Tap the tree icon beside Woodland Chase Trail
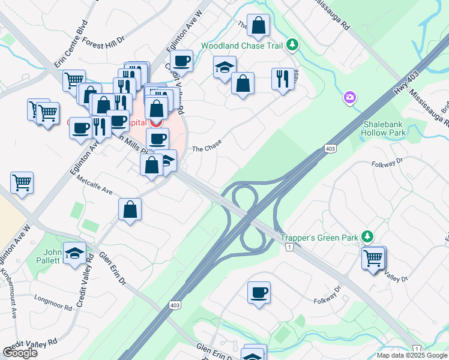292,44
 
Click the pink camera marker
350,97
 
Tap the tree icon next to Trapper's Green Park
369,237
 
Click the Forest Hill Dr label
103,41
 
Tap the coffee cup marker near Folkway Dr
259,292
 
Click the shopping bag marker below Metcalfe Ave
130,209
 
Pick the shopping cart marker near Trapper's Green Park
373,258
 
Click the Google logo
20,353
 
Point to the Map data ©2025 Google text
411,355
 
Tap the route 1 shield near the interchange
289,248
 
